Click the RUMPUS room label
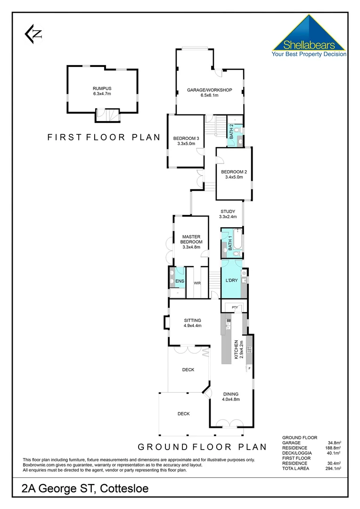tap(102, 91)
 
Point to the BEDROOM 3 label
tap(186, 140)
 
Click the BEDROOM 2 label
tap(234, 174)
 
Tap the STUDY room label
tap(228, 214)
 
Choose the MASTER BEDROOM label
tap(191, 242)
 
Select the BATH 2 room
tap(231, 130)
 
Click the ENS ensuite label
tap(180, 282)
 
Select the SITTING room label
tap(192, 323)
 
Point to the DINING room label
tap(231, 396)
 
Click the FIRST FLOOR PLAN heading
tap(104, 138)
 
